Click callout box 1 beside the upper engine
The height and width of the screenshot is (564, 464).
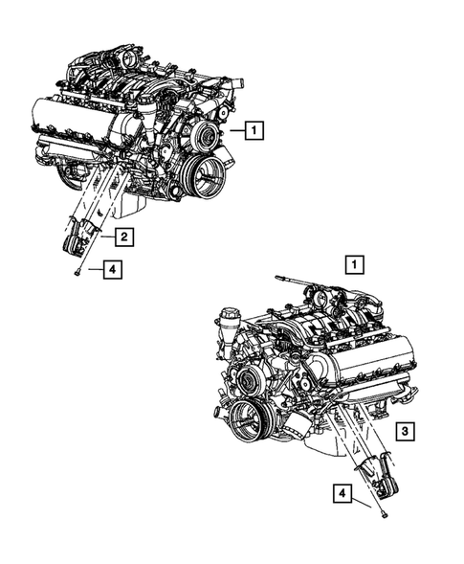click(x=254, y=127)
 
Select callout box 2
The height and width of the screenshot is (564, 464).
click(x=124, y=234)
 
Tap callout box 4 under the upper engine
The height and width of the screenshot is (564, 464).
click(x=112, y=271)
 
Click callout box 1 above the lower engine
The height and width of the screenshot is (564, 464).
click(x=355, y=262)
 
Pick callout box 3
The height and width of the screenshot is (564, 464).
click(x=406, y=433)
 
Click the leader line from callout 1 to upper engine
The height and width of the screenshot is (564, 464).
click(x=237, y=127)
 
